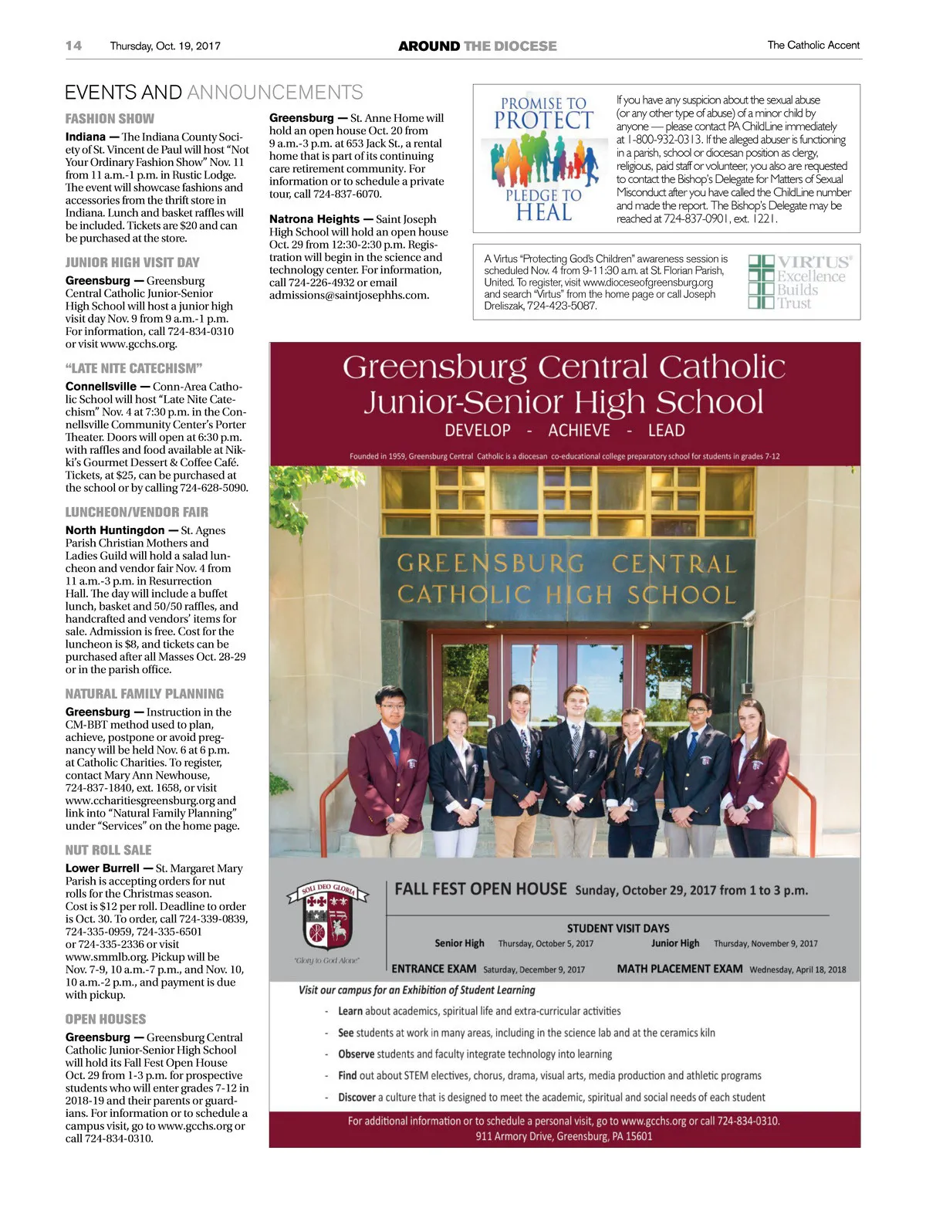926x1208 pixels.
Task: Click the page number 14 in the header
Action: click(73, 46)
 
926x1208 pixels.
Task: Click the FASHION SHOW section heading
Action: click(110, 119)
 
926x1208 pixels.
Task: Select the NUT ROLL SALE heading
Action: click(108, 850)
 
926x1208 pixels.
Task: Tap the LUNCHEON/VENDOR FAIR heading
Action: click(137, 512)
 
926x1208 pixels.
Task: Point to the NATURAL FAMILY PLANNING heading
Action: click(144, 694)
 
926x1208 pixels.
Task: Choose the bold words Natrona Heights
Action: click(314, 219)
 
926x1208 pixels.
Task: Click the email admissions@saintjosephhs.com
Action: click(349, 295)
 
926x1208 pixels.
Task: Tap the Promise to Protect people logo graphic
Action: click(544, 160)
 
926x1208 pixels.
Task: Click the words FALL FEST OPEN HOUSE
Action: click(481, 889)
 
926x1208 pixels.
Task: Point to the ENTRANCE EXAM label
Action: click(434, 969)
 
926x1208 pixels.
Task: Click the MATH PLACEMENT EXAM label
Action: click(680, 969)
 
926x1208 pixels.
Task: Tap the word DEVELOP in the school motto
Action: click(478, 431)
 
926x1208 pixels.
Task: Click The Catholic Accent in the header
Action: click(813, 46)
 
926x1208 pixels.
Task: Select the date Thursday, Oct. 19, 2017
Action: click(165, 46)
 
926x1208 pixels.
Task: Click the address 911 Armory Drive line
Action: click(564, 1136)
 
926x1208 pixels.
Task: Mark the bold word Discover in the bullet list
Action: click(357, 1097)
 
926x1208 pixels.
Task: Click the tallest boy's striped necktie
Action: click(576, 742)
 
